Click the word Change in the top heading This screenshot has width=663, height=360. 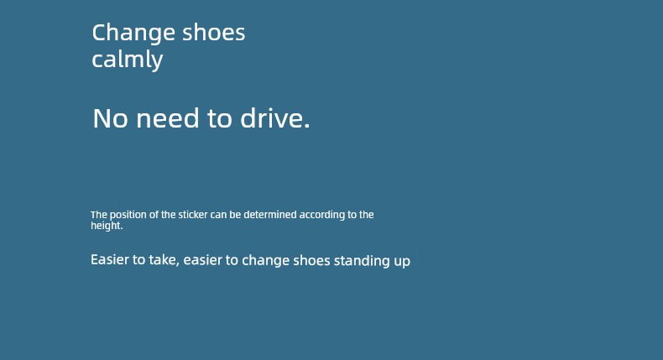[x=133, y=34]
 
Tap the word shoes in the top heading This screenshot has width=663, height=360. [x=213, y=33]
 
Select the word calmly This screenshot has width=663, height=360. [x=127, y=60]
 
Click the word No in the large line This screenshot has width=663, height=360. [x=110, y=118]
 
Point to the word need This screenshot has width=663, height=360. [x=168, y=118]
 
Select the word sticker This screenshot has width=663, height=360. [x=193, y=215]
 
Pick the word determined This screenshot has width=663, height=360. [x=270, y=215]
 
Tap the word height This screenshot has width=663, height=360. [x=107, y=226]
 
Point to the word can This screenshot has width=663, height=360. [x=218, y=215]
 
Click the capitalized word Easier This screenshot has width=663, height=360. [x=110, y=259]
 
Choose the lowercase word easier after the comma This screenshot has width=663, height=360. [x=202, y=260]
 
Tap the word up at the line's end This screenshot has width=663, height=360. [x=402, y=262]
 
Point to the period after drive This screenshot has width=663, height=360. [x=307, y=126]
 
